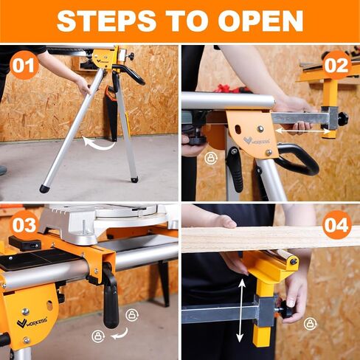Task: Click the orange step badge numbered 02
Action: point(336,65)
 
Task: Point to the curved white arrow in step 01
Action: point(99,142)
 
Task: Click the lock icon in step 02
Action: point(211,158)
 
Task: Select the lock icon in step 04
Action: point(310,323)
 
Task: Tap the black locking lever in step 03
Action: point(109,299)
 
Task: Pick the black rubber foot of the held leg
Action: point(44,189)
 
